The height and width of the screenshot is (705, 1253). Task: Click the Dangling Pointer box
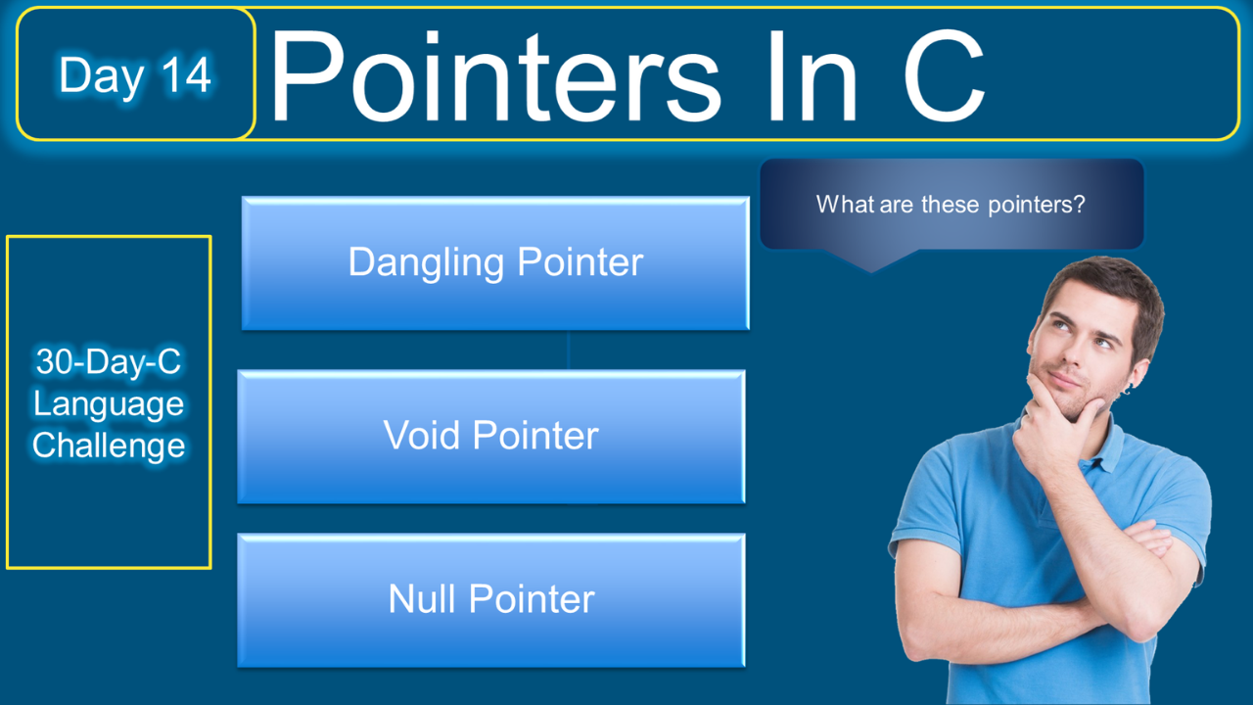pos(495,263)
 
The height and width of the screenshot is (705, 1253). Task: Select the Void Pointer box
pos(491,437)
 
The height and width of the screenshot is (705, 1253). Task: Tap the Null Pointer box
pos(491,600)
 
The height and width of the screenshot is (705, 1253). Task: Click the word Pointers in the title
pos(495,75)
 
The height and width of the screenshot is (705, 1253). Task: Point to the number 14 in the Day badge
pos(186,74)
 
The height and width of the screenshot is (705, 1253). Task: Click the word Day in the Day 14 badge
pos(102,77)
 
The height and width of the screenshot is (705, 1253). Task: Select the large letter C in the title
pos(945,74)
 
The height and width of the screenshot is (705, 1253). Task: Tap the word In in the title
pos(812,75)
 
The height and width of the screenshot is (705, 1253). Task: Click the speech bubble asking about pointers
pos(951,205)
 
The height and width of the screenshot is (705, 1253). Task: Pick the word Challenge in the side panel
pos(109,446)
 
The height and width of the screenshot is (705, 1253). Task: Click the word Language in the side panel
pos(109,405)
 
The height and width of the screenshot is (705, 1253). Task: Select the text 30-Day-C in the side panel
pos(109,361)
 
